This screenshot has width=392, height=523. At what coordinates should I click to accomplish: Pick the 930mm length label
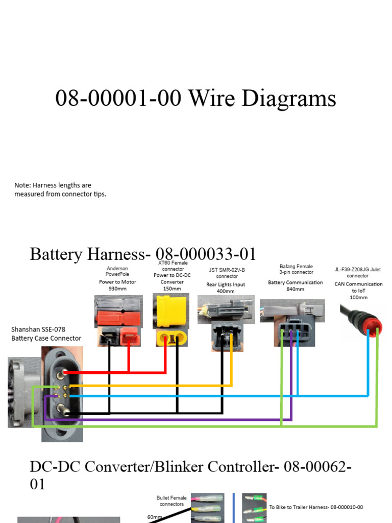117,289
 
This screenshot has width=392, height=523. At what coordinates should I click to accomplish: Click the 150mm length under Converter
171,289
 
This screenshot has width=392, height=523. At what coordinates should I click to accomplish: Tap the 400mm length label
225,291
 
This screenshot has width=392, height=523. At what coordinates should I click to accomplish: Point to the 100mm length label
358,297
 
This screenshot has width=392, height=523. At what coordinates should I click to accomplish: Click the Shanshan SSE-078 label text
38,329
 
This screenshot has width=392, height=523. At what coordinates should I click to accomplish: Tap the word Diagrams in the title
288,99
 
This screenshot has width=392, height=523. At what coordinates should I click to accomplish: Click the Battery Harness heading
143,254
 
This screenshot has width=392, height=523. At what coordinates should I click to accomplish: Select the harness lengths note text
60,189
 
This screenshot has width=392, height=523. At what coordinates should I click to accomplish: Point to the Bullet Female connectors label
171,501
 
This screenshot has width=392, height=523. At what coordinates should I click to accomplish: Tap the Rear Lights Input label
225,284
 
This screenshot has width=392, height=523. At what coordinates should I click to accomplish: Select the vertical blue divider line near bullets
234,508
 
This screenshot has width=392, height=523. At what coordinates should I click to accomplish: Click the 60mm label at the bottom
154,517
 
